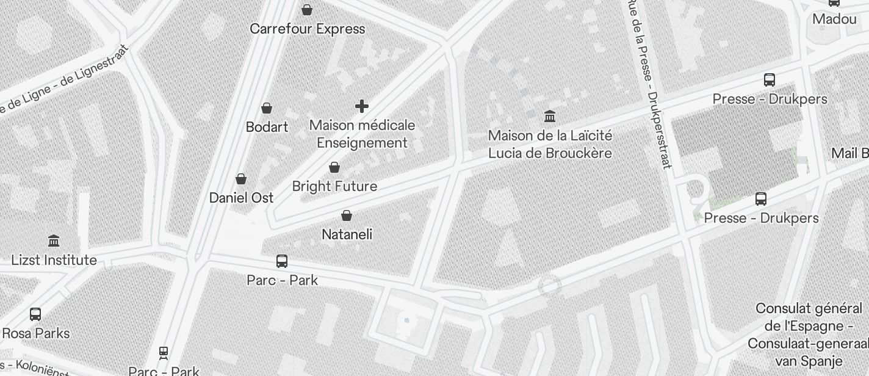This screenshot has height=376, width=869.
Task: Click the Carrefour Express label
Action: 308,29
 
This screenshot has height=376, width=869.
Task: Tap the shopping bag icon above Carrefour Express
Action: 307,10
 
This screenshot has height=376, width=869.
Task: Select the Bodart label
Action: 267,127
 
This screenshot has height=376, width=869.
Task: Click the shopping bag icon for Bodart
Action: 267,108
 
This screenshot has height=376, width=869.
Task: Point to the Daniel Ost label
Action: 241,198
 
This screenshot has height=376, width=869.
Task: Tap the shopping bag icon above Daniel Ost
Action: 241,179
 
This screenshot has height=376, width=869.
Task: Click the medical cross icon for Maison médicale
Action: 362,106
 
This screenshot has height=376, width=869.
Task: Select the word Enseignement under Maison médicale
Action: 362,143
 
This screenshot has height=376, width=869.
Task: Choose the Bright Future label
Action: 334,186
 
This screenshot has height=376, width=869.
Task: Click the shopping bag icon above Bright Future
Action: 334,167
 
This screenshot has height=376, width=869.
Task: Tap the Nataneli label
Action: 347,234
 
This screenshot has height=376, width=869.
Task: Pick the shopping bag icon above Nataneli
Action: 347,215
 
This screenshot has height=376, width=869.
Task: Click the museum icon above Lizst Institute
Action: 54,241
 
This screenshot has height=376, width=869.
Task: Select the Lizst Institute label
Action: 54,260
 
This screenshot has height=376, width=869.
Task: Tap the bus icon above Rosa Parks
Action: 35,314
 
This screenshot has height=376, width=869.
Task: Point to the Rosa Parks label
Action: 36,333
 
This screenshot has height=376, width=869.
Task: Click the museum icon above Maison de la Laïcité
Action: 550,116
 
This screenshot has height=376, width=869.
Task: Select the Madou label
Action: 834,19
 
